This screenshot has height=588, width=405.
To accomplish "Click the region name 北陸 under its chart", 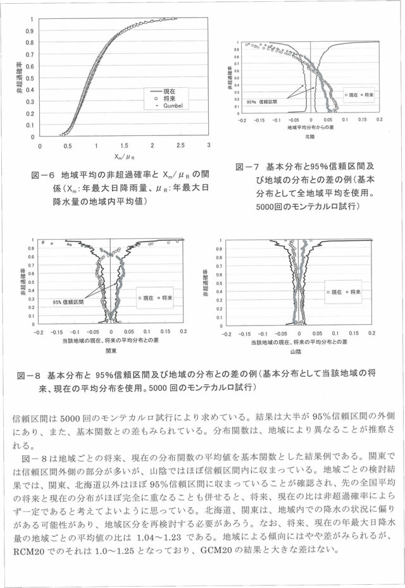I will [x=309, y=136].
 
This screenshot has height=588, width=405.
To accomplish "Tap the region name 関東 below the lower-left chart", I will [x=111, y=349].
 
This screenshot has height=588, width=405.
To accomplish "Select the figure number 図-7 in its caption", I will [x=247, y=167].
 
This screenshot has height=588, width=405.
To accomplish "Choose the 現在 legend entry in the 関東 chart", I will [x=146, y=296].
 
